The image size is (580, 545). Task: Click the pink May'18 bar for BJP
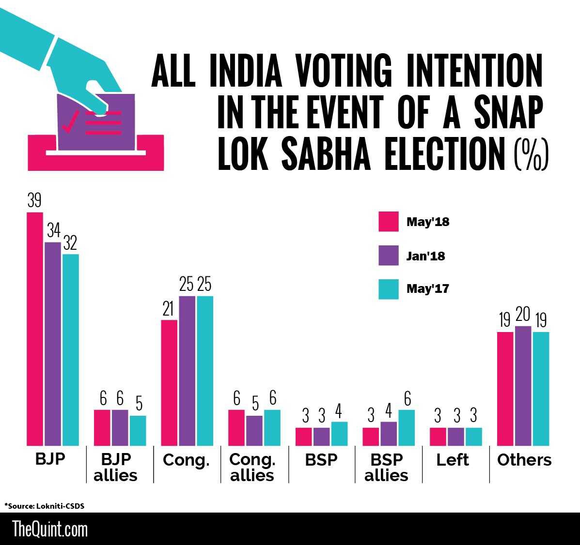tap(35, 329)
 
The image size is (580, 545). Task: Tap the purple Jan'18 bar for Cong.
tap(187, 370)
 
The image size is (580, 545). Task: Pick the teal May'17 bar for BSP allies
tap(407, 427)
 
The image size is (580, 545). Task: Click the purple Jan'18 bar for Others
tap(523, 386)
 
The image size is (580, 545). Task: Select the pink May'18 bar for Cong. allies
tap(236, 427)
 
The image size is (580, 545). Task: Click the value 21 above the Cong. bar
tap(168, 309)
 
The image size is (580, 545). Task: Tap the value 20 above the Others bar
tap(523, 316)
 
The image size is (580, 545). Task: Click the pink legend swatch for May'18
tap(388, 222)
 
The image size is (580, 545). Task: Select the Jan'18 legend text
tap(425, 256)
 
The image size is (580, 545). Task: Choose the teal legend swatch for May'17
tap(388, 289)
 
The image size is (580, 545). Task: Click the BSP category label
tap(321, 459)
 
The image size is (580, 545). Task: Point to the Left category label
tap(453, 459)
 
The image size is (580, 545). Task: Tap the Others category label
tap(524, 459)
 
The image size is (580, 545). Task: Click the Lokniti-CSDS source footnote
tap(47, 506)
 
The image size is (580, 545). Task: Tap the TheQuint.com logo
tap(50, 529)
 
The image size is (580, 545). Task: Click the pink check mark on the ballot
tap(71, 121)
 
